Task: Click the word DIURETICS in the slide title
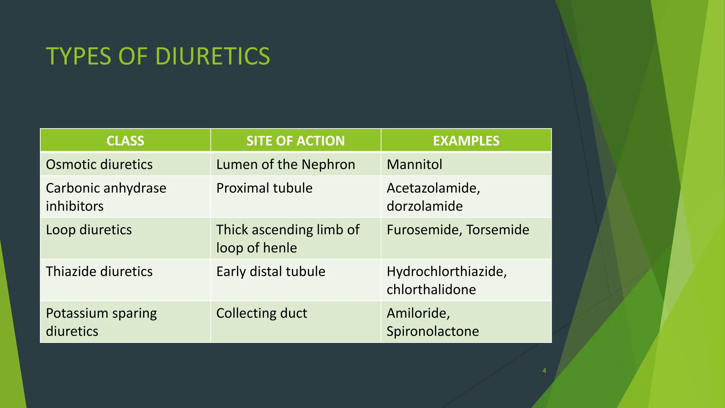click(212, 56)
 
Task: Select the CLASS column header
click(125, 141)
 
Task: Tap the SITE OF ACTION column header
click(296, 141)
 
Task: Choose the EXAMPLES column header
click(466, 141)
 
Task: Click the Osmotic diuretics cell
click(99, 165)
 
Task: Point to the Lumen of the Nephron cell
click(285, 165)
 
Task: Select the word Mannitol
click(414, 165)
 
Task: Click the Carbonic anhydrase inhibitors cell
click(106, 197)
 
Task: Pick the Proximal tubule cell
click(264, 188)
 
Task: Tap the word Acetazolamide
click(433, 188)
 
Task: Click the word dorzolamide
click(424, 206)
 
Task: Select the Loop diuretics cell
click(89, 230)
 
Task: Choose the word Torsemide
click(497, 230)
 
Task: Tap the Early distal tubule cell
click(270, 272)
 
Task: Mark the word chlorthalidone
click(431, 290)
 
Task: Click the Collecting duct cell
click(262, 313)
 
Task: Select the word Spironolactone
click(433, 331)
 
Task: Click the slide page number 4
click(544, 371)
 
